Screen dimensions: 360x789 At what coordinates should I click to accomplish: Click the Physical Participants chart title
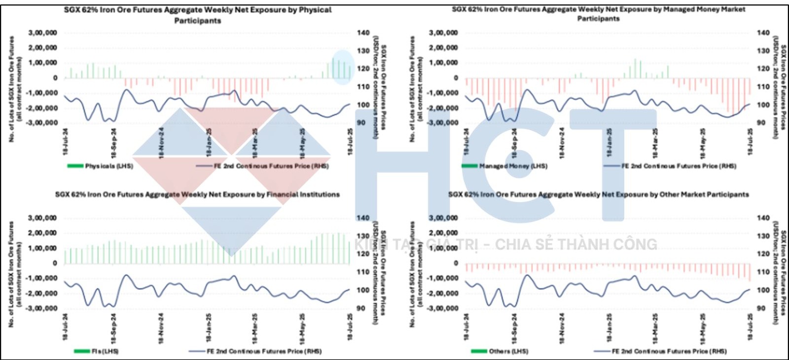pos(198,15)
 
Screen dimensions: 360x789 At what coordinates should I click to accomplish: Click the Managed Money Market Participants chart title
pos(598,14)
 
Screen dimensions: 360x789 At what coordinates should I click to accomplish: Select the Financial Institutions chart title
pos(197,194)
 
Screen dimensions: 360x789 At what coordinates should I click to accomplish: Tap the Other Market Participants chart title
pos(598,194)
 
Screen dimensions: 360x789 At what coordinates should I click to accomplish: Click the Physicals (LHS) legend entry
pos(101,166)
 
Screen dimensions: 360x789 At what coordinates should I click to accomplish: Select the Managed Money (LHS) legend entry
pos(504,166)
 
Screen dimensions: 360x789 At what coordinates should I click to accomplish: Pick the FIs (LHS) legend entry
pos(97,351)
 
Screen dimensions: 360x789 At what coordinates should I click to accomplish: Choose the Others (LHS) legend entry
pos(500,351)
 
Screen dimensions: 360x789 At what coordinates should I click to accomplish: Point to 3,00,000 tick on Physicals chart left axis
pos(42,33)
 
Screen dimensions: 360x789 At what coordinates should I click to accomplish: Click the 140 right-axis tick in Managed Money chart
pos(763,33)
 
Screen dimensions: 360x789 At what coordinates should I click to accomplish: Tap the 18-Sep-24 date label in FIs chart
pos(113,328)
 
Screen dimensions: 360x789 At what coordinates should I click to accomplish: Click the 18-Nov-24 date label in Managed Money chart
pos(562,143)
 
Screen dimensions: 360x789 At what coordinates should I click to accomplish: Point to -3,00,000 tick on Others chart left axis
pos(443,308)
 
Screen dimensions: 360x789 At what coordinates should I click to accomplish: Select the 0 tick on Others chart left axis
pos(456,263)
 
